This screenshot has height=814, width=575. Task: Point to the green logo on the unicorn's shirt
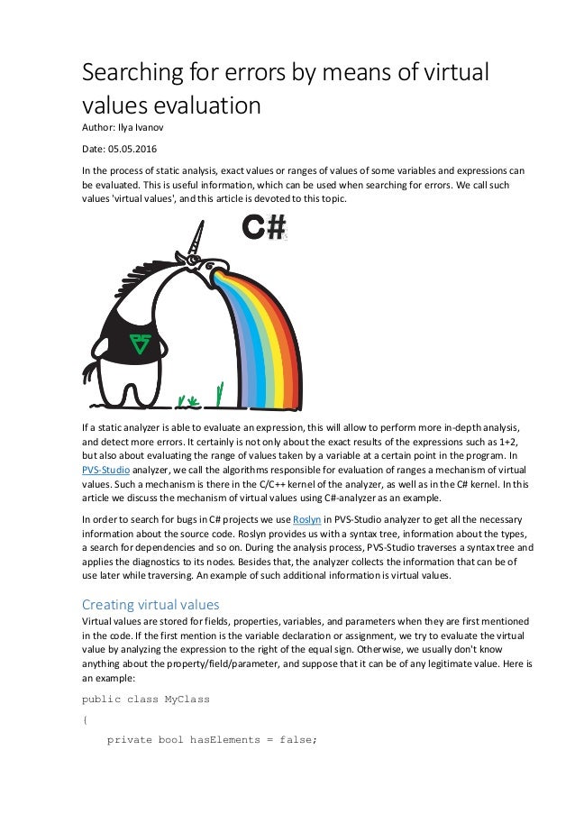pyautogui.click(x=141, y=341)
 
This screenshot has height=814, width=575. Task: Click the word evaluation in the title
pyautogui.click(x=205, y=105)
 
